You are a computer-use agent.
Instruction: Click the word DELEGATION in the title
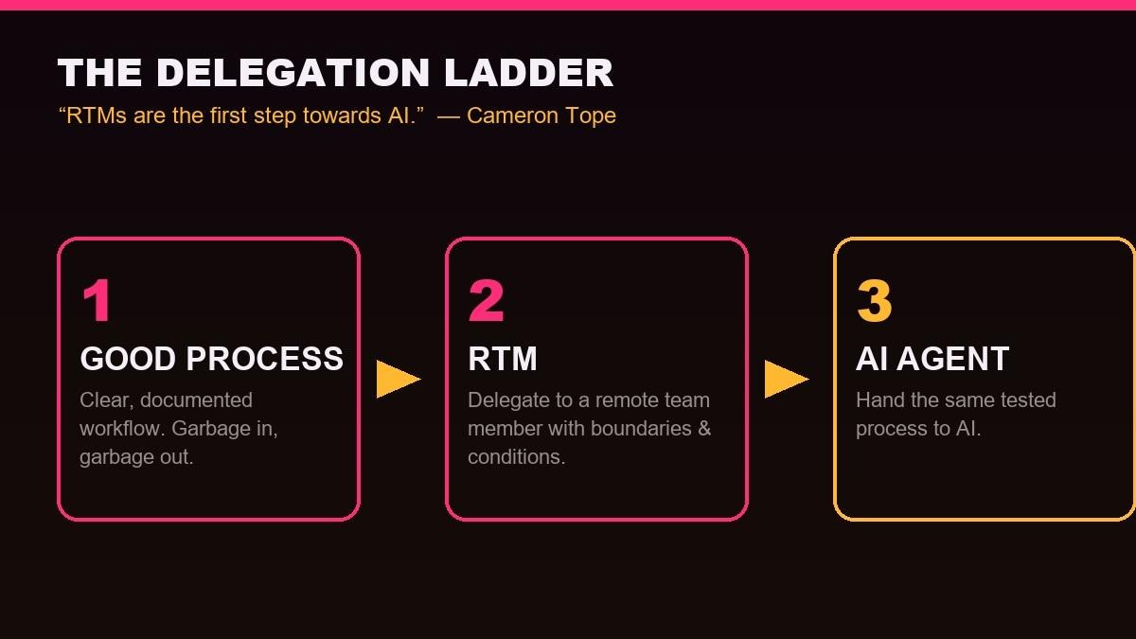pos(293,73)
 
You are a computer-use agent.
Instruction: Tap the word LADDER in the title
pos(528,73)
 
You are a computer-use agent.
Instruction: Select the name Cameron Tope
pos(541,115)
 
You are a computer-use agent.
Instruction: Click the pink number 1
pos(97,300)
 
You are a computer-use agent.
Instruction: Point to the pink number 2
pos(486,300)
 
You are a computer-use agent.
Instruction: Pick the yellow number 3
pos(874,300)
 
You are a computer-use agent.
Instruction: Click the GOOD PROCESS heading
pos(211,359)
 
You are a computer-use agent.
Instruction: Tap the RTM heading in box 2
pos(502,359)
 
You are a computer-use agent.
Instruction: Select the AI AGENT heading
pos(932,359)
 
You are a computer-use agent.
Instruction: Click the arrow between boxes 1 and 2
pos(399,380)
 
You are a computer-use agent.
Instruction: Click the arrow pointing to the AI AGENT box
pos(786,380)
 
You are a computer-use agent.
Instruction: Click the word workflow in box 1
pos(122,429)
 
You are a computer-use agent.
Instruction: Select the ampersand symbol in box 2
pos(704,429)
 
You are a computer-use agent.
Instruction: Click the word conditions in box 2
pos(516,457)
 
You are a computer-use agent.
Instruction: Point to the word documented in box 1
pos(196,400)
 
